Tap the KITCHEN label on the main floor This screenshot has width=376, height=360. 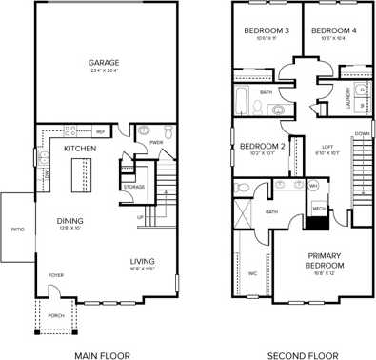click(78, 150)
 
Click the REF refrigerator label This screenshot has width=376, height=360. click(99, 131)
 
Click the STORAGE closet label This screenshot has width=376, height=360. click(134, 187)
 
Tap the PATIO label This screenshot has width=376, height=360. click(17, 230)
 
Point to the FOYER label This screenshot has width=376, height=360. click(56, 277)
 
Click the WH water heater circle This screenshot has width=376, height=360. click(312, 186)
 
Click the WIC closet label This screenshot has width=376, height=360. click(253, 274)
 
